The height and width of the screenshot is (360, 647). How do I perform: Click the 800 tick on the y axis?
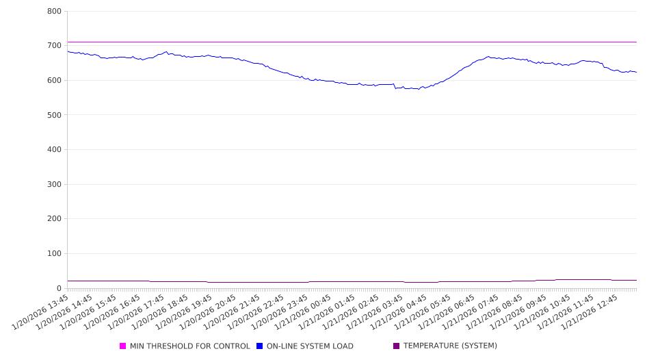pyautogui.click(x=55, y=12)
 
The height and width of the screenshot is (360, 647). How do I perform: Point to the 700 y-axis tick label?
pyautogui.click(x=55, y=46)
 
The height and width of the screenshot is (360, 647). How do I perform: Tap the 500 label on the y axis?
pyautogui.click(x=55, y=115)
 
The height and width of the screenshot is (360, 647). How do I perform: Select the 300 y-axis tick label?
pyautogui.click(x=55, y=184)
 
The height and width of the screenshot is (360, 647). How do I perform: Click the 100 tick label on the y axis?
pyautogui.click(x=55, y=254)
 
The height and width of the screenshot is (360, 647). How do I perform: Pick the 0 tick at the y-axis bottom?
pyautogui.click(x=60, y=288)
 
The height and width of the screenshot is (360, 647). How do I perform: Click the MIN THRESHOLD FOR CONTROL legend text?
pyautogui.click(x=189, y=346)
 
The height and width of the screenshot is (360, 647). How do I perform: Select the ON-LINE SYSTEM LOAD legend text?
pyautogui.click(x=310, y=346)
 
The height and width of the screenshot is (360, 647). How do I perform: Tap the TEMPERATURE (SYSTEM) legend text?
pyautogui.click(x=450, y=346)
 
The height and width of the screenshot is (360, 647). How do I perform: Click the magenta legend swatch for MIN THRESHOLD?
pyautogui.click(x=123, y=346)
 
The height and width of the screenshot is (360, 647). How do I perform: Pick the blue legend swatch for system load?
pyautogui.click(x=260, y=346)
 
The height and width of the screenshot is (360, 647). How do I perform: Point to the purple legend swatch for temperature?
pyautogui.click(x=397, y=346)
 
